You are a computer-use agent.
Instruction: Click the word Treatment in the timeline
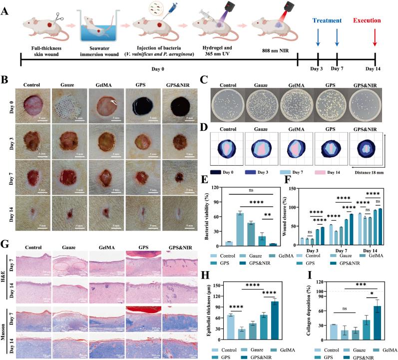point(327,20)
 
